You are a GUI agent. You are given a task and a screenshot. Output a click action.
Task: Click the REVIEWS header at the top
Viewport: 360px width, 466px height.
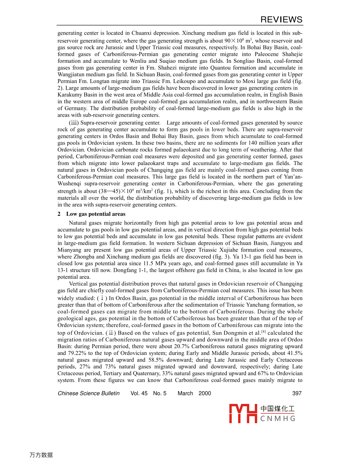[281, 20]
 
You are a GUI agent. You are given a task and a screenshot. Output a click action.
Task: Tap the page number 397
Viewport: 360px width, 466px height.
[297, 393]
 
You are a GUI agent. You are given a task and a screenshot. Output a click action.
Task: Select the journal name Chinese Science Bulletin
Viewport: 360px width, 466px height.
[89, 393]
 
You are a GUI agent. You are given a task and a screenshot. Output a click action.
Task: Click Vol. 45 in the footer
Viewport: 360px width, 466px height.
[139, 393]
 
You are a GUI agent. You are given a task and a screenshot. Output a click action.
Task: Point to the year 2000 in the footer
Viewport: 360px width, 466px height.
[205, 393]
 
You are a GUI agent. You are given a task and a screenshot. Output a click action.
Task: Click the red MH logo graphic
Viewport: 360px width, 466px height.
[243, 414]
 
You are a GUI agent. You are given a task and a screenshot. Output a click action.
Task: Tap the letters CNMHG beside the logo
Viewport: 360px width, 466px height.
[278, 419]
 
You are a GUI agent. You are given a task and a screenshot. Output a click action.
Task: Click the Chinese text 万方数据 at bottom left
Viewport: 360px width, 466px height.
[41, 455]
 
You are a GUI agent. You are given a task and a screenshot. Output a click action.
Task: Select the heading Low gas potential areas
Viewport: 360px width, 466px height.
[96, 214]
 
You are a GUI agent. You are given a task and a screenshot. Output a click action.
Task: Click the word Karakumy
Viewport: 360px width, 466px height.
[70, 95]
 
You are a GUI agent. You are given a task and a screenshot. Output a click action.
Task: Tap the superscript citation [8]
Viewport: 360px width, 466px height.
[263, 332]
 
